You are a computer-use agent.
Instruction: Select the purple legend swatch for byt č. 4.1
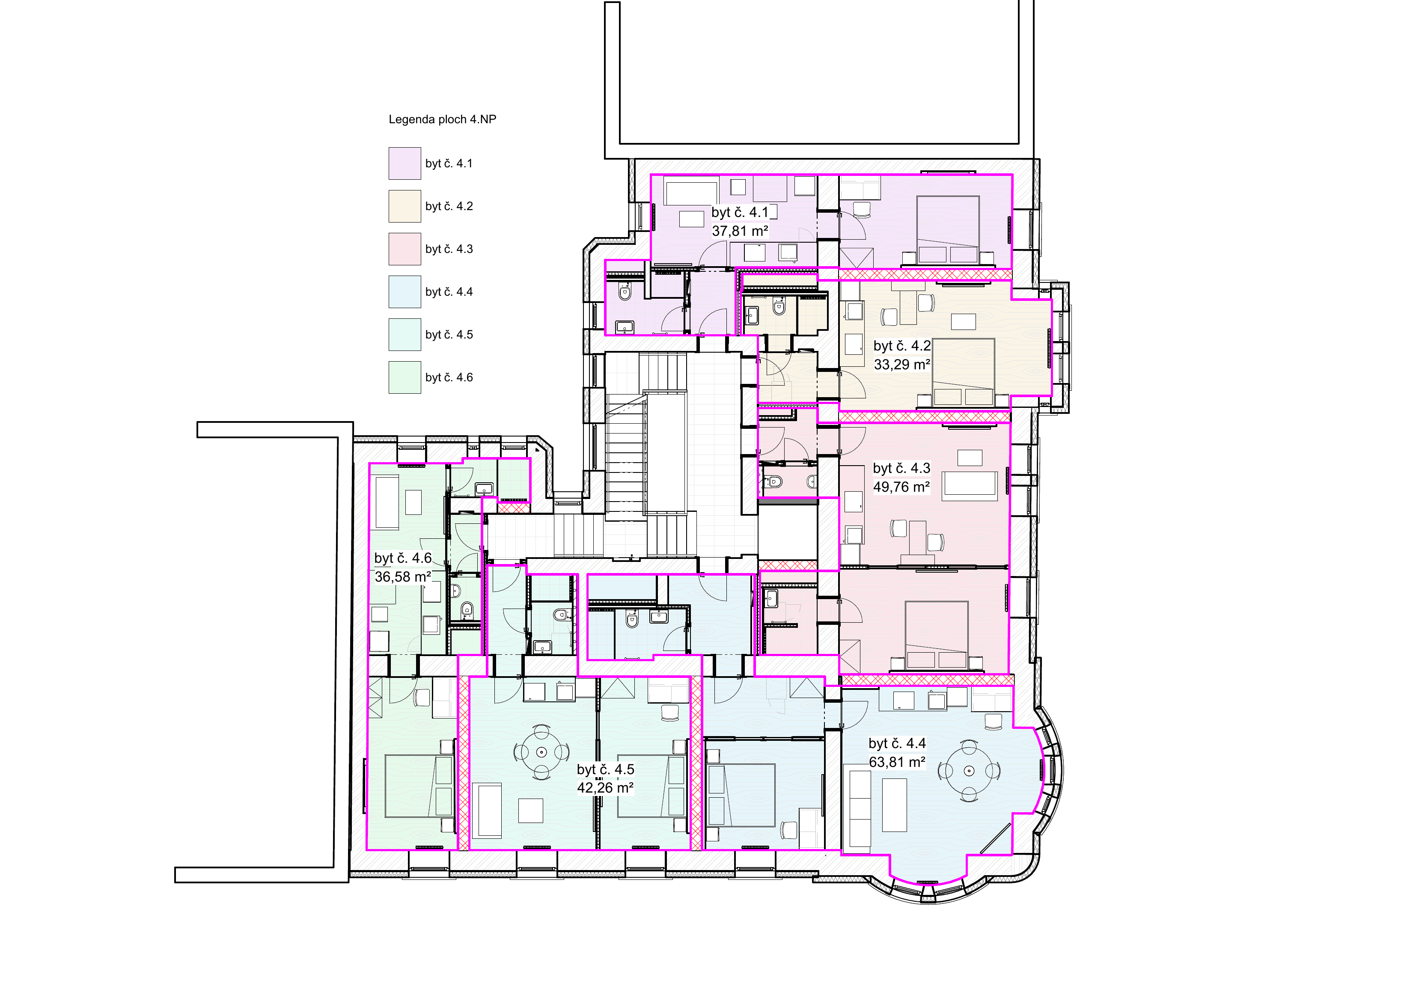tap(405, 163)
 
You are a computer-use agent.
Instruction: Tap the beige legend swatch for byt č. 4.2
tap(405, 206)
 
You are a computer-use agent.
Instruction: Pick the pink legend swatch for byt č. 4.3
tap(405, 249)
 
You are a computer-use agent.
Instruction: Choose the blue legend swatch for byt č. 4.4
tap(405, 292)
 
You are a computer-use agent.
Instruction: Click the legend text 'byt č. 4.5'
tap(449, 334)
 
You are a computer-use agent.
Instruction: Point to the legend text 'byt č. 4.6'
tap(449, 377)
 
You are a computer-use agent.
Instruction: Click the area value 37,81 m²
tap(740, 231)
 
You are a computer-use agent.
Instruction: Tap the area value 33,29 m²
tap(901, 365)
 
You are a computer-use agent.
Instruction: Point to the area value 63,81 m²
tap(897, 762)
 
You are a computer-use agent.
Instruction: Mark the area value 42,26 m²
tap(605, 787)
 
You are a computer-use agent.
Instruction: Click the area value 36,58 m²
tap(403, 576)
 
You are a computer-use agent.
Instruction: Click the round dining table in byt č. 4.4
tap(969, 771)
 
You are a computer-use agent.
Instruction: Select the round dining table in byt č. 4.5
tap(541, 752)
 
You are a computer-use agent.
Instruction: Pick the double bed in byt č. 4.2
tap(963, 372)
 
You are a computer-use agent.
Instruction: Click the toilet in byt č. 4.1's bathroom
tap(625, 292)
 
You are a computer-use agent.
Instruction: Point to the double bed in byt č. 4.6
tap(419, 786)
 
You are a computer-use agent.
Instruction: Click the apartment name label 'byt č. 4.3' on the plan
tap(901, 468)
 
